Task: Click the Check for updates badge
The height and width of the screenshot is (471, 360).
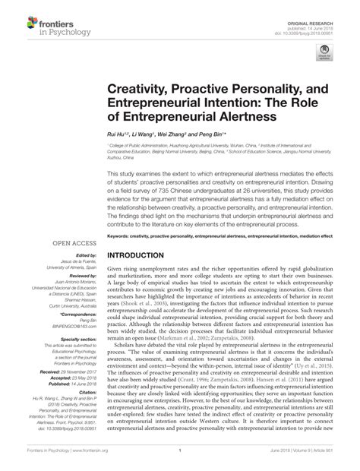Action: (x=327, y=52)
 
